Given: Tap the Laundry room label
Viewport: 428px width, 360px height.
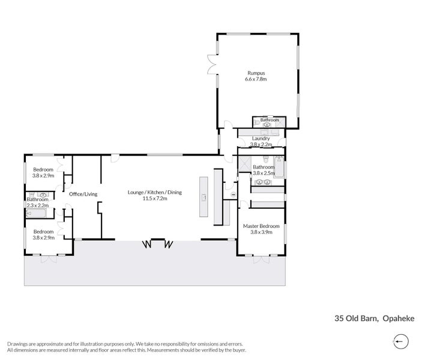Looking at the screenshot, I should coord(261,138).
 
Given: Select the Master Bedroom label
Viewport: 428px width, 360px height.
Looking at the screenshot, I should coord(261,226).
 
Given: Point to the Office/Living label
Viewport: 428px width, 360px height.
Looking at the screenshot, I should coord(83,194).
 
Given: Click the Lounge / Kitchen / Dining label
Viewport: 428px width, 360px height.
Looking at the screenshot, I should coord(154,192).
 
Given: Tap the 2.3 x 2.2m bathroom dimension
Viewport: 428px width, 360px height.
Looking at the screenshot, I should coord(37,205).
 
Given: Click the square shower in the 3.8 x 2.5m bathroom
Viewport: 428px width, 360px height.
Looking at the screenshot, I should coord(244,163).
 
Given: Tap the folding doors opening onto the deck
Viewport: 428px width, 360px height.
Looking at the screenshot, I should coord(157,244).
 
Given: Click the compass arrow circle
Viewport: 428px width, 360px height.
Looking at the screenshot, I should coord(401,341).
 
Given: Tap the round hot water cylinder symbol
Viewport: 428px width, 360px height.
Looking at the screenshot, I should coord(232,194).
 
